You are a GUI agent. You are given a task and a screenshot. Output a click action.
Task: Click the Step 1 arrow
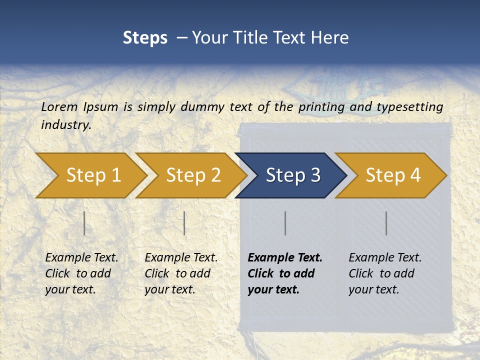pos(92,175)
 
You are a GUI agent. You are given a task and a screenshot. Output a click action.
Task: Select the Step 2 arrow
pos(192,175)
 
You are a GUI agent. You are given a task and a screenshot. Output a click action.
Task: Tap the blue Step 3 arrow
pos(292,175)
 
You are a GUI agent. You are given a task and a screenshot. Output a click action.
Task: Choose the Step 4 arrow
pos(392,175)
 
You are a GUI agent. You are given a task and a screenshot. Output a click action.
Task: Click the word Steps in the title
pos(145,37)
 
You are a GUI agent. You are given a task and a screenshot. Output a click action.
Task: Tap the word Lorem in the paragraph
pos(59,106)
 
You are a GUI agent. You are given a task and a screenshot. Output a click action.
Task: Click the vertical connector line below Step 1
pos(84,223)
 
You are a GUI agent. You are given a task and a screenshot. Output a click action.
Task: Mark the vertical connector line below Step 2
pos(184,223)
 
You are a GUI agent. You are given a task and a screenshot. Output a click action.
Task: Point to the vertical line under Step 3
pos(285,223)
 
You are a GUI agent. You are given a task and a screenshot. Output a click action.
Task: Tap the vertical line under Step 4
pos(386,223)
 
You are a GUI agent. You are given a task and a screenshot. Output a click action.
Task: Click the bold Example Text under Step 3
pos(285,258)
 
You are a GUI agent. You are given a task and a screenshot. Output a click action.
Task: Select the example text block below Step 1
pos(81,273)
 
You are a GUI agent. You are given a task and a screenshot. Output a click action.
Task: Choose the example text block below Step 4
pos(385,273)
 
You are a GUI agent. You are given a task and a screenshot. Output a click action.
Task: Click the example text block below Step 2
pos(181,273)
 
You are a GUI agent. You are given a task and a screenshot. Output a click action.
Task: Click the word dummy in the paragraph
pos(203,106)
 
